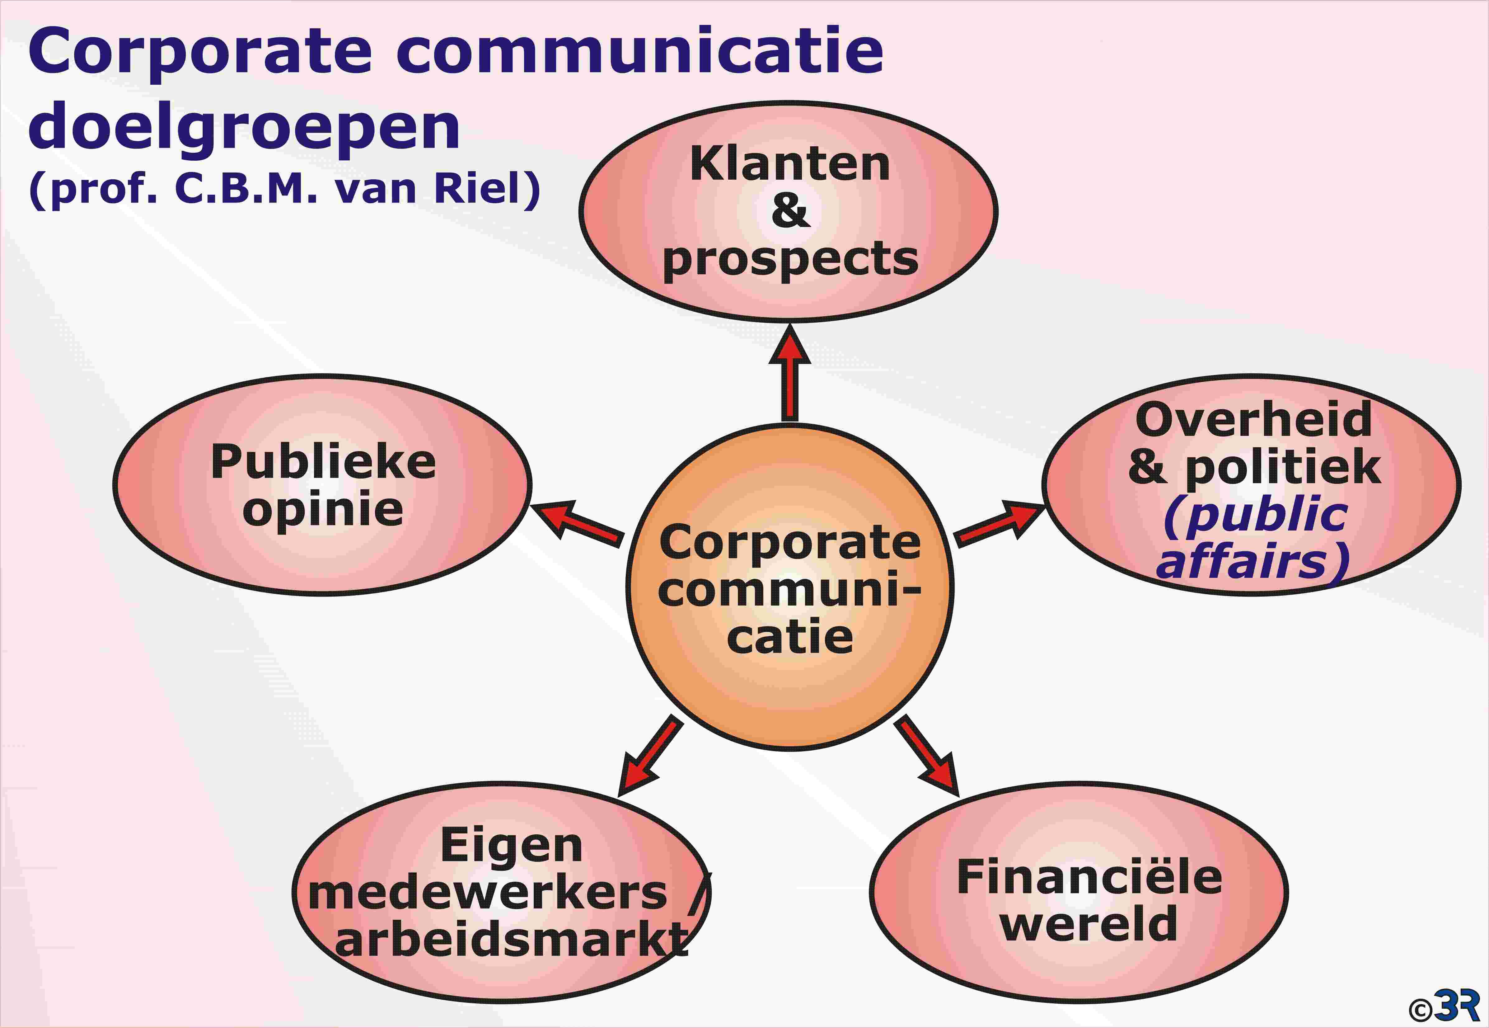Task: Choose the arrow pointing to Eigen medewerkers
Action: click(x=650, y=756)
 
